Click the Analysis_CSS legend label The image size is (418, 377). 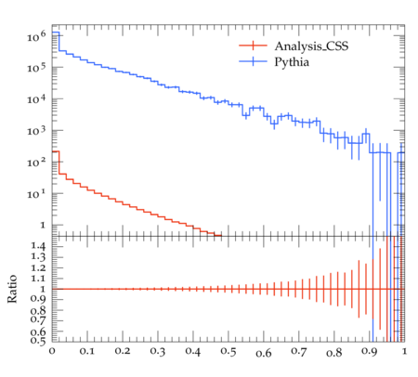click(x=311, y=46)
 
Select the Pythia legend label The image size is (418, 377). click(x=292, y=62)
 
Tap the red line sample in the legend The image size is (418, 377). click(x=253, y=45)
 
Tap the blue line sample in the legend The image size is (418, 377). click(x=253, y=61)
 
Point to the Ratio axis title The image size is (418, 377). click(x=12, y=289)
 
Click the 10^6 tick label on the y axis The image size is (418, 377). click(x=36, y=35)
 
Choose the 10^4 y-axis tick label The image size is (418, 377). click(x=36, y=99)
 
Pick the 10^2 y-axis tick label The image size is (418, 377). click(x=36, y=162)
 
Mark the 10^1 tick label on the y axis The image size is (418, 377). click(x=36, y=194)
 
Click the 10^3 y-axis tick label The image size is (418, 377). click(x=36, y=131)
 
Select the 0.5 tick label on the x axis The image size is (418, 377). click(x=229, y=352)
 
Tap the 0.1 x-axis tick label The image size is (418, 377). click(x=87, y=351)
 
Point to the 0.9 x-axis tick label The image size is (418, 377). click(x=370, y=352)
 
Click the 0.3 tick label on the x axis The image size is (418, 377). click(x=158, y=351)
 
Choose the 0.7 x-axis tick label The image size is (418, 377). click(x=299, y=352)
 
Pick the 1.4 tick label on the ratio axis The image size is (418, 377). click(x=38, y=246)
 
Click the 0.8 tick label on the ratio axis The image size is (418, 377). click(x=38, y=310)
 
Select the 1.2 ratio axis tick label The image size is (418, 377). click(x=38, y=267)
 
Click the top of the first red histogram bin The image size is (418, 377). click(x=56, y=151)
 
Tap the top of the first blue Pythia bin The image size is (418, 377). click(x=56, y=32)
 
